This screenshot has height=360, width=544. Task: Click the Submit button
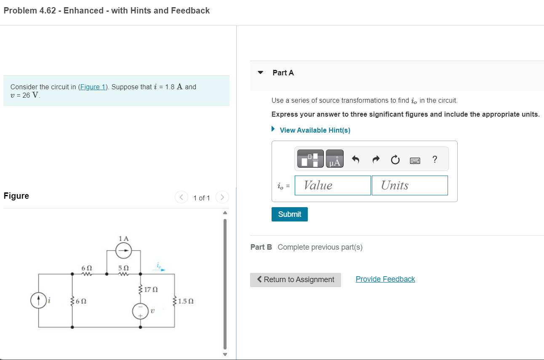click(290, 214)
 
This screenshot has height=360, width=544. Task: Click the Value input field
click(333, 186)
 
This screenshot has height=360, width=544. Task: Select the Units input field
click(409, 186)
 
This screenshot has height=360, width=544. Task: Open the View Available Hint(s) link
click(315, 130)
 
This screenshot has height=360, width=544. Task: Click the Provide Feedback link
click(385, 279)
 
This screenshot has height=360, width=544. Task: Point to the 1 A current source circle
click(124, 252)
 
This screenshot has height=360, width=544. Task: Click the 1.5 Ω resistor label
click(186, 301)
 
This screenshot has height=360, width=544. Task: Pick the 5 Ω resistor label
click(123, 268)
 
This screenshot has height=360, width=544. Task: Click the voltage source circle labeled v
click(140, 312)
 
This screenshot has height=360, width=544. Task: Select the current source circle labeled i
click(39, 301)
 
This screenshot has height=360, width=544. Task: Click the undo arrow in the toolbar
click(356, 160)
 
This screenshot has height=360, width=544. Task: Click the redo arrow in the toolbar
click(376, 160)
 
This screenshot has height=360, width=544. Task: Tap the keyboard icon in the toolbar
click(415, 160)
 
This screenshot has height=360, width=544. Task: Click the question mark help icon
click(435, 159)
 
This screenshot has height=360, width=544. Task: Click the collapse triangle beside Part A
click(261, 73)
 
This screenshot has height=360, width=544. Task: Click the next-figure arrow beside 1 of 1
click(222, 197)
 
